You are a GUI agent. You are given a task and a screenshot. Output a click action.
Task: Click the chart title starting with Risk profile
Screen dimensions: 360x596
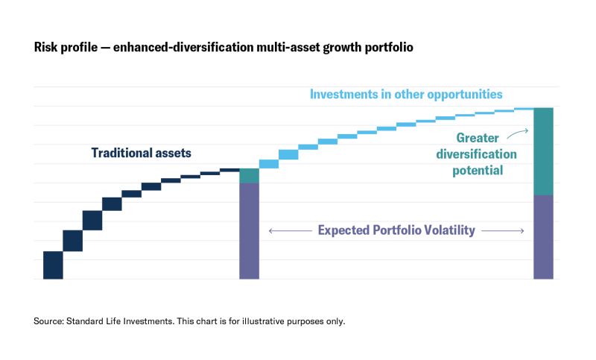pyautogui.click(x=223, y=47)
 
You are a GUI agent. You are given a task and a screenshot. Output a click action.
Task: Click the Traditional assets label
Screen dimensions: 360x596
pyautogui.click(x=142, y=153)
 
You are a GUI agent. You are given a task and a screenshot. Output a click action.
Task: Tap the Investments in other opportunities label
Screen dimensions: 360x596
pyautogui.click(x=406, y=95)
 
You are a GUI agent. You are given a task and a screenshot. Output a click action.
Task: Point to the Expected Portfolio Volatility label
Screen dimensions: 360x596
pyautogui.click(x=396, y=230)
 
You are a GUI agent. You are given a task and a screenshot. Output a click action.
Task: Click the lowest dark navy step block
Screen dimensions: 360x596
pyautogui.click(x=53, y=265)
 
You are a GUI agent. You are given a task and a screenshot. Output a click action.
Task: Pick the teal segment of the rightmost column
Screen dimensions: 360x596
pyautogui.click(x=544, y=151)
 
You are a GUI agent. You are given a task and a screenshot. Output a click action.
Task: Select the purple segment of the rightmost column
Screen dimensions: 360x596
pyautogui.click(x=544, y=236)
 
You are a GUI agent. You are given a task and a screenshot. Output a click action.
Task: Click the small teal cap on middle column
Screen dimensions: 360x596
pyautogui.click(x=249, y=176)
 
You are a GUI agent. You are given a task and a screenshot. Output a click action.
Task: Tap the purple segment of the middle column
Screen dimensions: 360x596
pyautogui.click(x=249, y=230)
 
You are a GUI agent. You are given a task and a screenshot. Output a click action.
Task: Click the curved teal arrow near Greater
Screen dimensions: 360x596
pyautogui.click(x=516, y=134)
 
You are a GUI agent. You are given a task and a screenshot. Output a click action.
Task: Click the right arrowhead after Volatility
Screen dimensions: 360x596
pyautogui.click(x=521, y=231)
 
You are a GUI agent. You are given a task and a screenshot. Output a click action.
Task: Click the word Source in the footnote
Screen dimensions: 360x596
pyautogui.click(x=48, y=321)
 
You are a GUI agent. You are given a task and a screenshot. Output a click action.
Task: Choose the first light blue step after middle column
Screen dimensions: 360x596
pyautogui.click(x=268, y=164)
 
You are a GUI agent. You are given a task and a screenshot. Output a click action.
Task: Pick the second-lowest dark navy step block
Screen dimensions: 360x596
pyautogui.click(x=72, y=241)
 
